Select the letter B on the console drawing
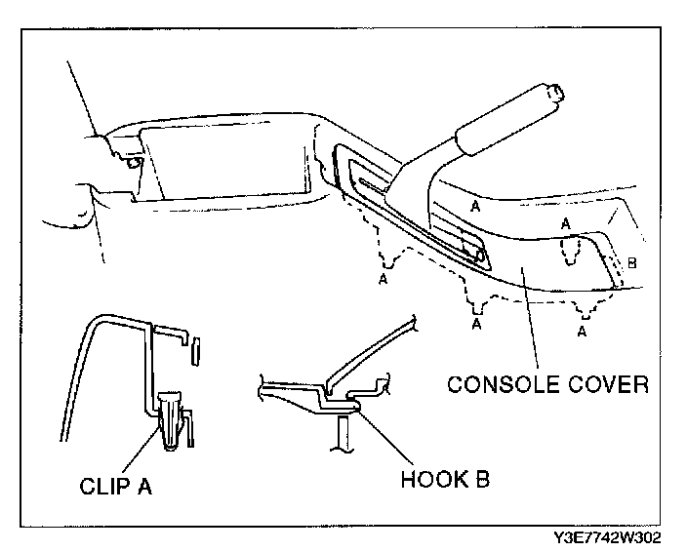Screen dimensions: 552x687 [x=631, y=262]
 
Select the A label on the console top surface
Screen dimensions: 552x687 [x=474, y=207]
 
